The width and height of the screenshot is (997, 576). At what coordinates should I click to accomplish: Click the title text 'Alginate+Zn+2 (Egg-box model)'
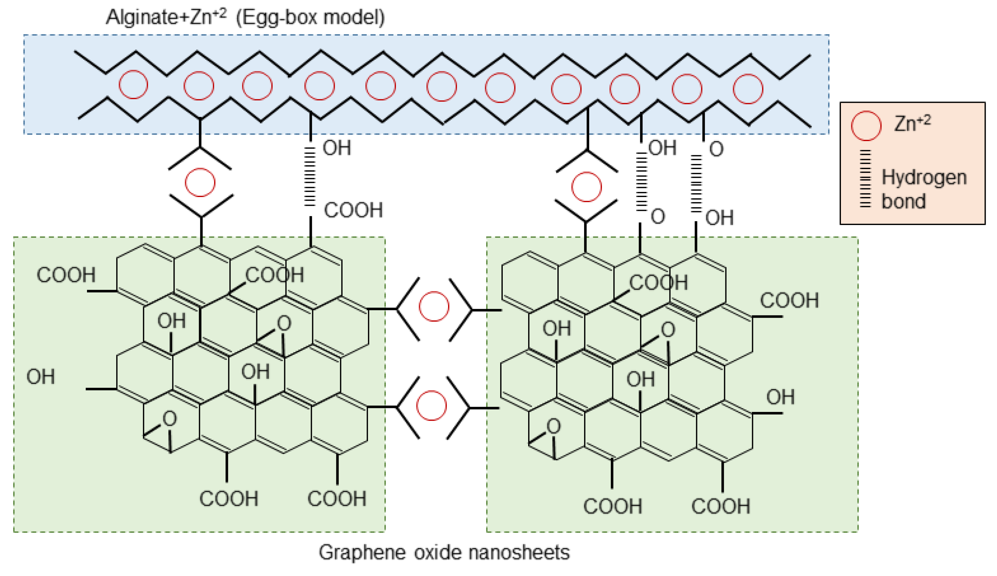(245, 17)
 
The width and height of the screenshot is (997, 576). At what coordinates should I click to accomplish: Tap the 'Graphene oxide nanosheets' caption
(444, 552)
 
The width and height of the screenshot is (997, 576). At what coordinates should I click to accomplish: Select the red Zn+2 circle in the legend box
(865, 126)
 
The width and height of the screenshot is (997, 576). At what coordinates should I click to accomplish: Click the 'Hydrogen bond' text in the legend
(923, 189)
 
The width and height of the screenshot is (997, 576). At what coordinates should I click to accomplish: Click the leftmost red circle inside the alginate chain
(133, 85)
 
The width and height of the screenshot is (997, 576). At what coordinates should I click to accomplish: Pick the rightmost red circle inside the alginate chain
(748, 89)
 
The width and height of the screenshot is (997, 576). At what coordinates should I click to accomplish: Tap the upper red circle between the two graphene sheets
(434, 306)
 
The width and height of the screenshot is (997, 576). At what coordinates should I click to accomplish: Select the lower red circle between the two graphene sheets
(431, 405)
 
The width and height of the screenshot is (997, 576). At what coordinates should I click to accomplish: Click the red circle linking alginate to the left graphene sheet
(200, 182)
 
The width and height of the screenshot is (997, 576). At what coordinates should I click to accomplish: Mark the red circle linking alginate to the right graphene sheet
(586, 187)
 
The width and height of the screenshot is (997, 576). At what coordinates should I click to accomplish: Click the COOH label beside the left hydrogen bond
(353, 210)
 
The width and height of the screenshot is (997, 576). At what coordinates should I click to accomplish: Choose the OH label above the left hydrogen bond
(336, 148)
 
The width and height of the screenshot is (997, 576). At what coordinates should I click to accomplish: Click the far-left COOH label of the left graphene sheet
(66, 275)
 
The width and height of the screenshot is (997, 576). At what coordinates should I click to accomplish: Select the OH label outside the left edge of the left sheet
(40, 376)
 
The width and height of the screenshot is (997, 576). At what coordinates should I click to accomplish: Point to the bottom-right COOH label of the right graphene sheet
(720, 506)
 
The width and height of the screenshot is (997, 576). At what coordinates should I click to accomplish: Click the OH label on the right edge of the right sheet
(780, 397)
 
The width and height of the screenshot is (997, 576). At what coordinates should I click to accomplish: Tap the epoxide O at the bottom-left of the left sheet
(170, 419)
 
